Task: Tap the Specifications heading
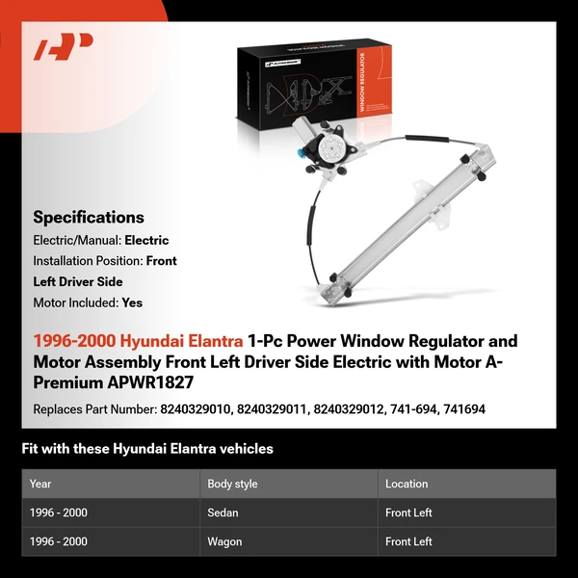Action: tap(89, 217)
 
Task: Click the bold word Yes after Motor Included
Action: tap(132, 302)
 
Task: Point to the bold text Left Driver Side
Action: tap(77, 281)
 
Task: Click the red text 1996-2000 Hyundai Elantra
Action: tap(138, 341)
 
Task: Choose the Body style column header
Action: tap(232, 484)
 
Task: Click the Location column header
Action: tap(407, 484)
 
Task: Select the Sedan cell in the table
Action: tap(223, 512)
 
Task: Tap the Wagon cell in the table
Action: tap(224, 541)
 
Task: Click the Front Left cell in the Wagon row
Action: tap(408, 541)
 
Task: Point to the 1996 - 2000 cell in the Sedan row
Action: tap(58, 512)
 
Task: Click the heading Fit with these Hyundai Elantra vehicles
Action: tap(147, 449)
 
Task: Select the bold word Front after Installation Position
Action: tap(160, 260)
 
